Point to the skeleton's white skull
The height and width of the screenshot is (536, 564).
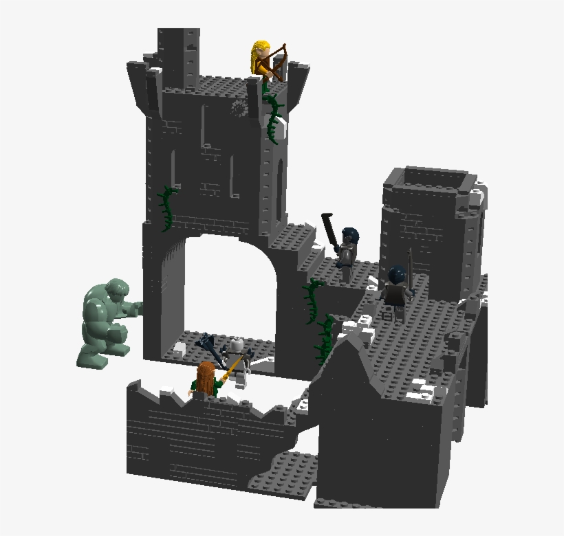point(237,345)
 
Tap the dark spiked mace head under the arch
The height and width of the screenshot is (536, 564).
point(206,340)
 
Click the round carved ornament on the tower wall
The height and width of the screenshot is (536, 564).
point(239,108)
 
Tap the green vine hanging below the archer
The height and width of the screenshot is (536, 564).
point(274,117)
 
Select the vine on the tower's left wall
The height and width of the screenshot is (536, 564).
point(166,210)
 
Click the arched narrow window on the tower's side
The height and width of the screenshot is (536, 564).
point(279,186)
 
